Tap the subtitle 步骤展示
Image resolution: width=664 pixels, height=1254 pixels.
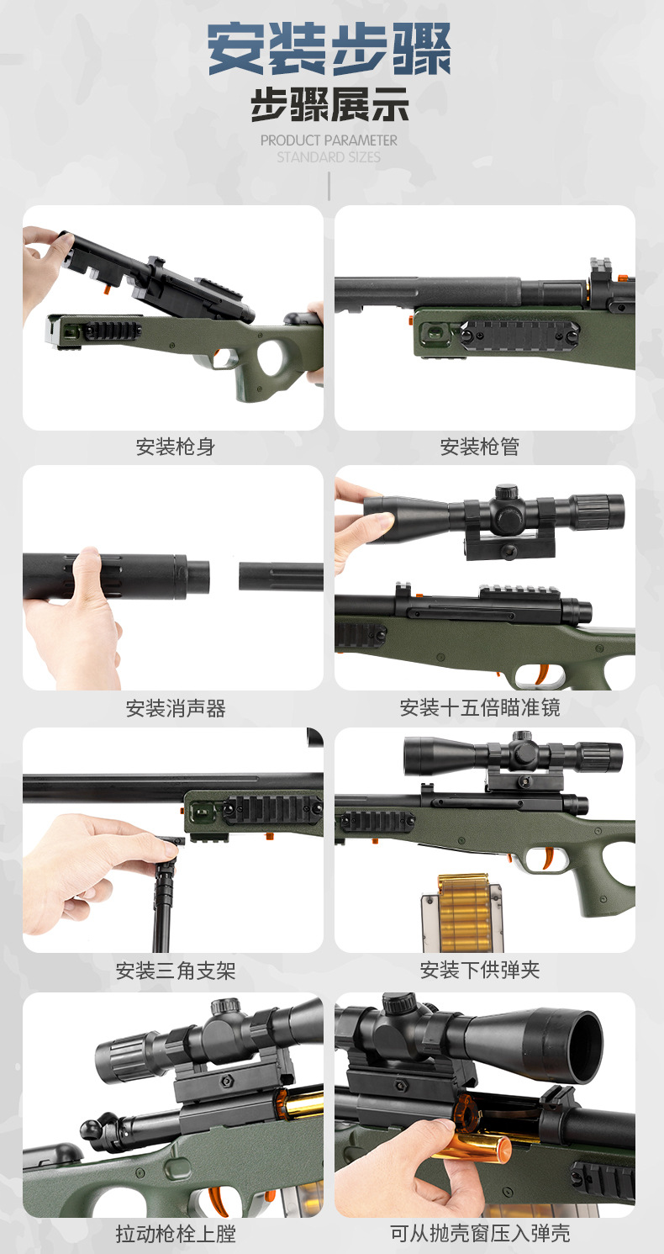[329, 107]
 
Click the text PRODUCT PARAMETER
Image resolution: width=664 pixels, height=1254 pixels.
[329, 140]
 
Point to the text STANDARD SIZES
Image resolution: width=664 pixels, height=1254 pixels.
[329, 157]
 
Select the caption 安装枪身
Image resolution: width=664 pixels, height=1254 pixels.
[176, 447]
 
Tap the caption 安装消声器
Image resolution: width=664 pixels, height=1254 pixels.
[176, 708]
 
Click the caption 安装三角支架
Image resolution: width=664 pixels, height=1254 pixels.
[176, 971]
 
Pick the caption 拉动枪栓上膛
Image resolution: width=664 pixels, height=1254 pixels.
[176, 1233]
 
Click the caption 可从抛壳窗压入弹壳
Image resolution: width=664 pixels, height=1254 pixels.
[480, 1233]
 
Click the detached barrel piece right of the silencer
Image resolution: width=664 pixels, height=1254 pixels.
[281, 577]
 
